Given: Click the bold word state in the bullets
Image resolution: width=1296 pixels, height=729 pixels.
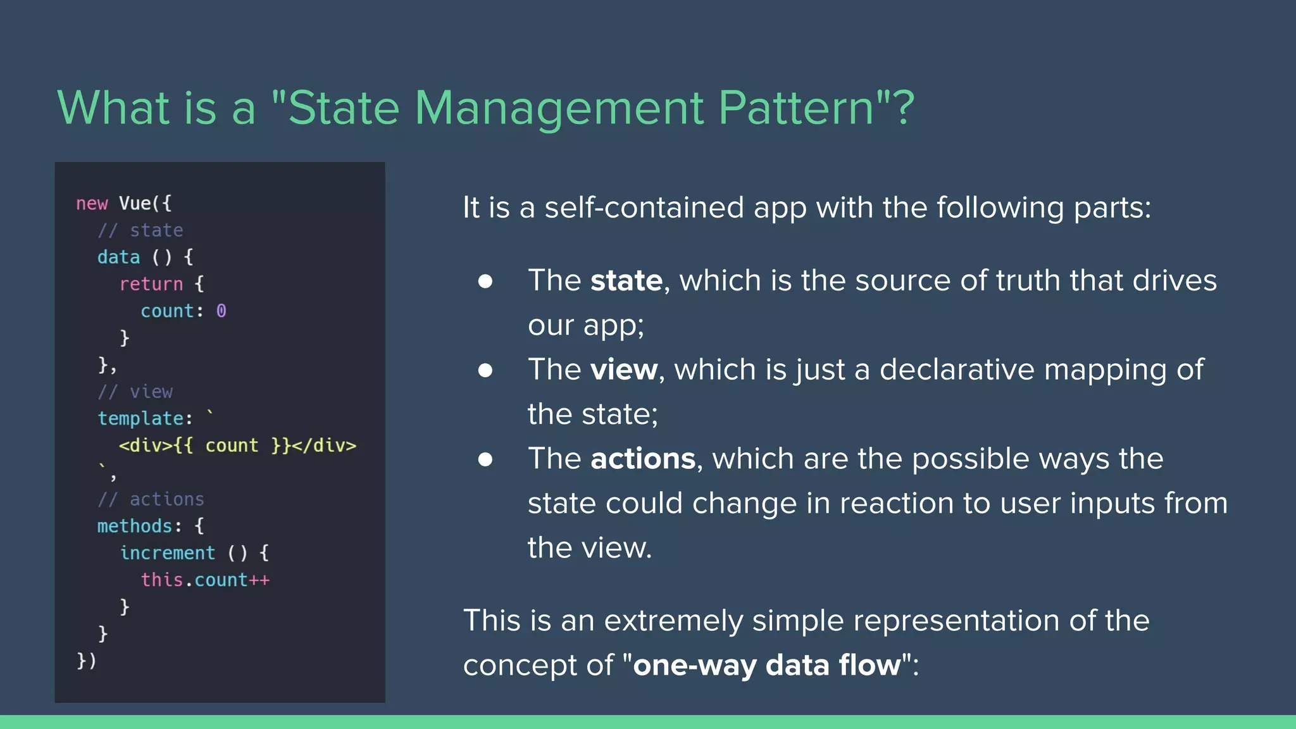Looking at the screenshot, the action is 626,280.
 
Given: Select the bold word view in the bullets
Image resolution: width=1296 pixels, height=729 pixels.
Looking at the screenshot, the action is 624,370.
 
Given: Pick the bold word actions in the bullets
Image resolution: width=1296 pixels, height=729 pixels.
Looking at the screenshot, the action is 643,459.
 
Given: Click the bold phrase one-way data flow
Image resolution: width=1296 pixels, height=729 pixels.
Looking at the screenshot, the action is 767,665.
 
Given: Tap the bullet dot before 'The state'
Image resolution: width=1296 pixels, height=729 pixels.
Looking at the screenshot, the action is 485,281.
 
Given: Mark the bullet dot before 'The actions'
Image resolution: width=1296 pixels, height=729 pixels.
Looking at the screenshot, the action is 485,459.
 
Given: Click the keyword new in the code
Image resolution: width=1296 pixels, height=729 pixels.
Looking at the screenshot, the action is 92,204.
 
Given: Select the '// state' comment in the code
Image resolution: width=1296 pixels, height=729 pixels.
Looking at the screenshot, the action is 140,230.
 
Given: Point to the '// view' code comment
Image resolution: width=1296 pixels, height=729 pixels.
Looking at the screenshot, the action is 135,392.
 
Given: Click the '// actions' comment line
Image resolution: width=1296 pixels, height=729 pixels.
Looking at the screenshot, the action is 151,499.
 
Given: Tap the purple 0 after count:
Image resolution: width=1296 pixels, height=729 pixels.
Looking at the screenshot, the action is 221,311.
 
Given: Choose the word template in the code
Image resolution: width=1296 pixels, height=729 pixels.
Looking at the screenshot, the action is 140,418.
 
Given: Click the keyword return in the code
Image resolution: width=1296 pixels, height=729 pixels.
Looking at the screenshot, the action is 151,284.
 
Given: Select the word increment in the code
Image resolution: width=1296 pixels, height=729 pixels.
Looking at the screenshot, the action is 168,553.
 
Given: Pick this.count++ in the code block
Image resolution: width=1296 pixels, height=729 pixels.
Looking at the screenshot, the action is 205,580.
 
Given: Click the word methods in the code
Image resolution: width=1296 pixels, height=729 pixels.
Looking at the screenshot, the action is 135,526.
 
